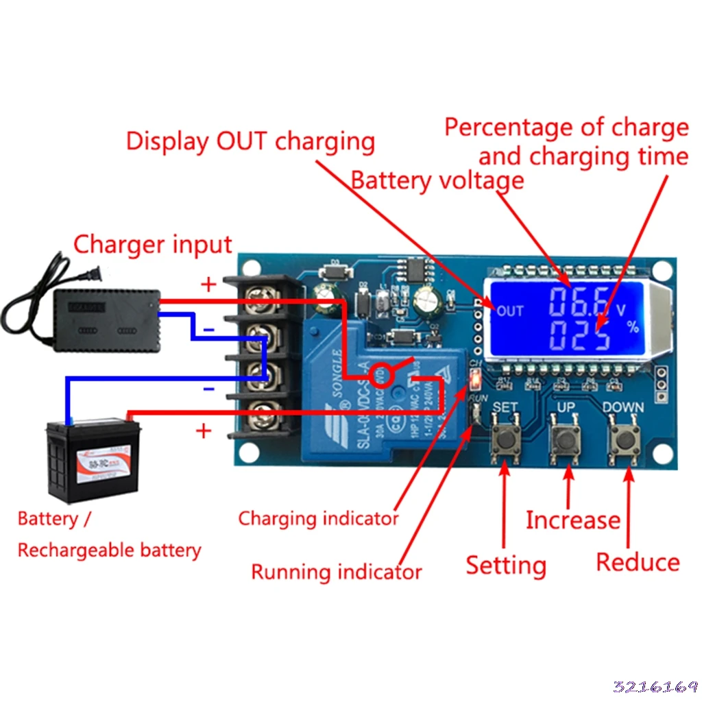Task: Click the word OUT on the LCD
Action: (510, 311)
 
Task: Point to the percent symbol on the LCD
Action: (632, 327)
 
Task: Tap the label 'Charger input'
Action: (152, 245)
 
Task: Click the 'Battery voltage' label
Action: (437, 181)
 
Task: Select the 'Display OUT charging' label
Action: (250, 142)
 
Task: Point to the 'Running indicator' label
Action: (336, 572)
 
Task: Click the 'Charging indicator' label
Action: (318, 519)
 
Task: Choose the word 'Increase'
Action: (572, 520)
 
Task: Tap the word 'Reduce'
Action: (638, 562)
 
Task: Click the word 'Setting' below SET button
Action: (506, 566)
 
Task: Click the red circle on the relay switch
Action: (378, 375)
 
